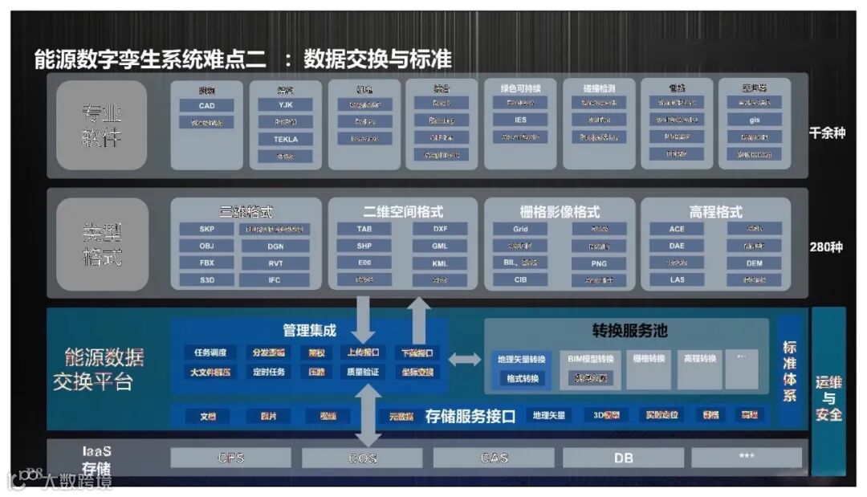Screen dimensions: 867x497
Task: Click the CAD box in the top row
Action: pyautogui.click(x=206, y=105)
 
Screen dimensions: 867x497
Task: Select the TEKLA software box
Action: pyautogui.click(x=285, y=139)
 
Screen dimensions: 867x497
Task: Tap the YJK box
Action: pyautogui.click(x=285, y=104)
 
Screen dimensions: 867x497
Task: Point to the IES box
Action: pyautogui.click(x=520, y=120)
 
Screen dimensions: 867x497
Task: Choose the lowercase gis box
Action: pyautogui.click(x=754, y=120)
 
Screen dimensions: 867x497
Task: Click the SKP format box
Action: pyautogui.click(x=206, y=229)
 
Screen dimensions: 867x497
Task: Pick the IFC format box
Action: pyautogui.click(x=275, y=280)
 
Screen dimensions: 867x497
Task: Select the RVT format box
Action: pyautogui.click(x=275, y=263)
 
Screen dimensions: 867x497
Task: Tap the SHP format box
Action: pyautogui.click(x=364, y=246)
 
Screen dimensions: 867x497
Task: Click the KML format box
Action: pyautogui.click(x=439, y=263)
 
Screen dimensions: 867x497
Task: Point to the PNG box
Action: pyautogui.click(x=598, y=263)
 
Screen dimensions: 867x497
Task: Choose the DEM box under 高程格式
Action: pyautogui.click(x=754, y=263)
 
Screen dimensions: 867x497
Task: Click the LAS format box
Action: pyautogui.click(x=677, y=280)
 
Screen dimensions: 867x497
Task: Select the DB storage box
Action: pyautogui.click(x=623, y=458)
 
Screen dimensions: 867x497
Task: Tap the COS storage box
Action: pyautogui.click(x=362, y=458)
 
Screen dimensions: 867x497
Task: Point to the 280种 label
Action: pyautogui.click(x=827, y=246)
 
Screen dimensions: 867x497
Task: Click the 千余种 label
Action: pyautogui.click(x=827, y=132)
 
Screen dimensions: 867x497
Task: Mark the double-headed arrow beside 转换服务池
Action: pyautogui.click(x=464, y=359)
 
